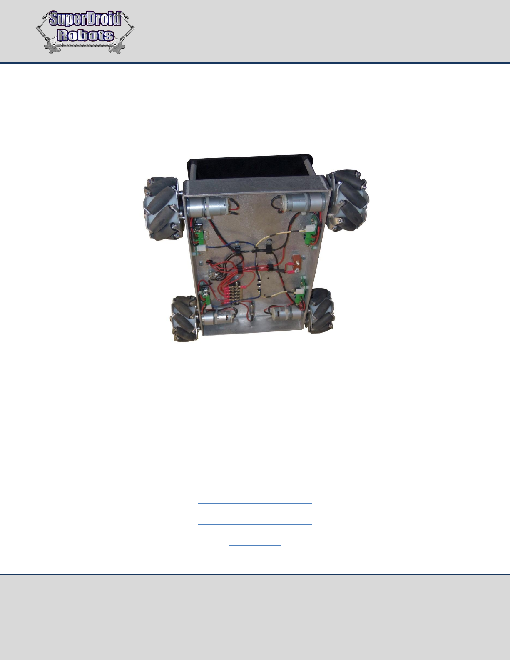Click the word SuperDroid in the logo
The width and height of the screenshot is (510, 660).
[x=85, y=19]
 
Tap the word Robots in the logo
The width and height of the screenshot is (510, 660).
[x=86, y=35]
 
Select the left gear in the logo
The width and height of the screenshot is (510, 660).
[x=53, y=47]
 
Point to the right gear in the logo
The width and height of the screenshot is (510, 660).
[x=117, y=47]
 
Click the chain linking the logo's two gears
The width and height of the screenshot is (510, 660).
[x=85, y=46]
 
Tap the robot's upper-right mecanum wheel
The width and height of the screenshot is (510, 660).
[x=348, y=201]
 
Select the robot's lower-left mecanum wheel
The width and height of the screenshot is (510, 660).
[x=184, y=318]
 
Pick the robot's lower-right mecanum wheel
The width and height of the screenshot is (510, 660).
[x=321, y=310]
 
